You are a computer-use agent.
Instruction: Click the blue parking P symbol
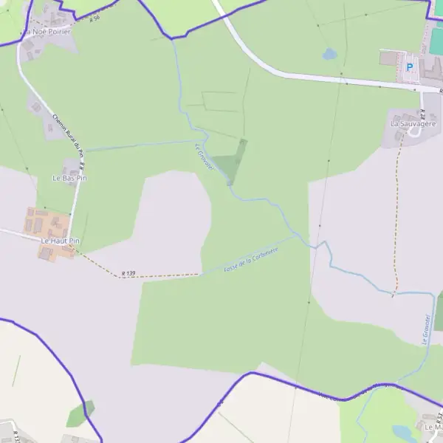[x=410, y=67]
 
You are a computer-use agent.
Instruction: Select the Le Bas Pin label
[x=69, y=179]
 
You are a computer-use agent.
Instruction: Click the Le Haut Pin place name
[x=60, y=241]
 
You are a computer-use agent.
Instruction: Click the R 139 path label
[x=128, y=274]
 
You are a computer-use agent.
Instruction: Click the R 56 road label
[x=94, y=19]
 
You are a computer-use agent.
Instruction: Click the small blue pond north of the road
[x=329, y=54]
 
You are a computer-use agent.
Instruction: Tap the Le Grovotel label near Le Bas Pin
[x=204, y=157]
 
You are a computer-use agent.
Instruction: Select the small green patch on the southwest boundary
[x=80, y=414]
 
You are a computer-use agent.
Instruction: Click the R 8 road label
[x=83, y=166]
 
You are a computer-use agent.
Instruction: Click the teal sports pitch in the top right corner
[x=439, y=7]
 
